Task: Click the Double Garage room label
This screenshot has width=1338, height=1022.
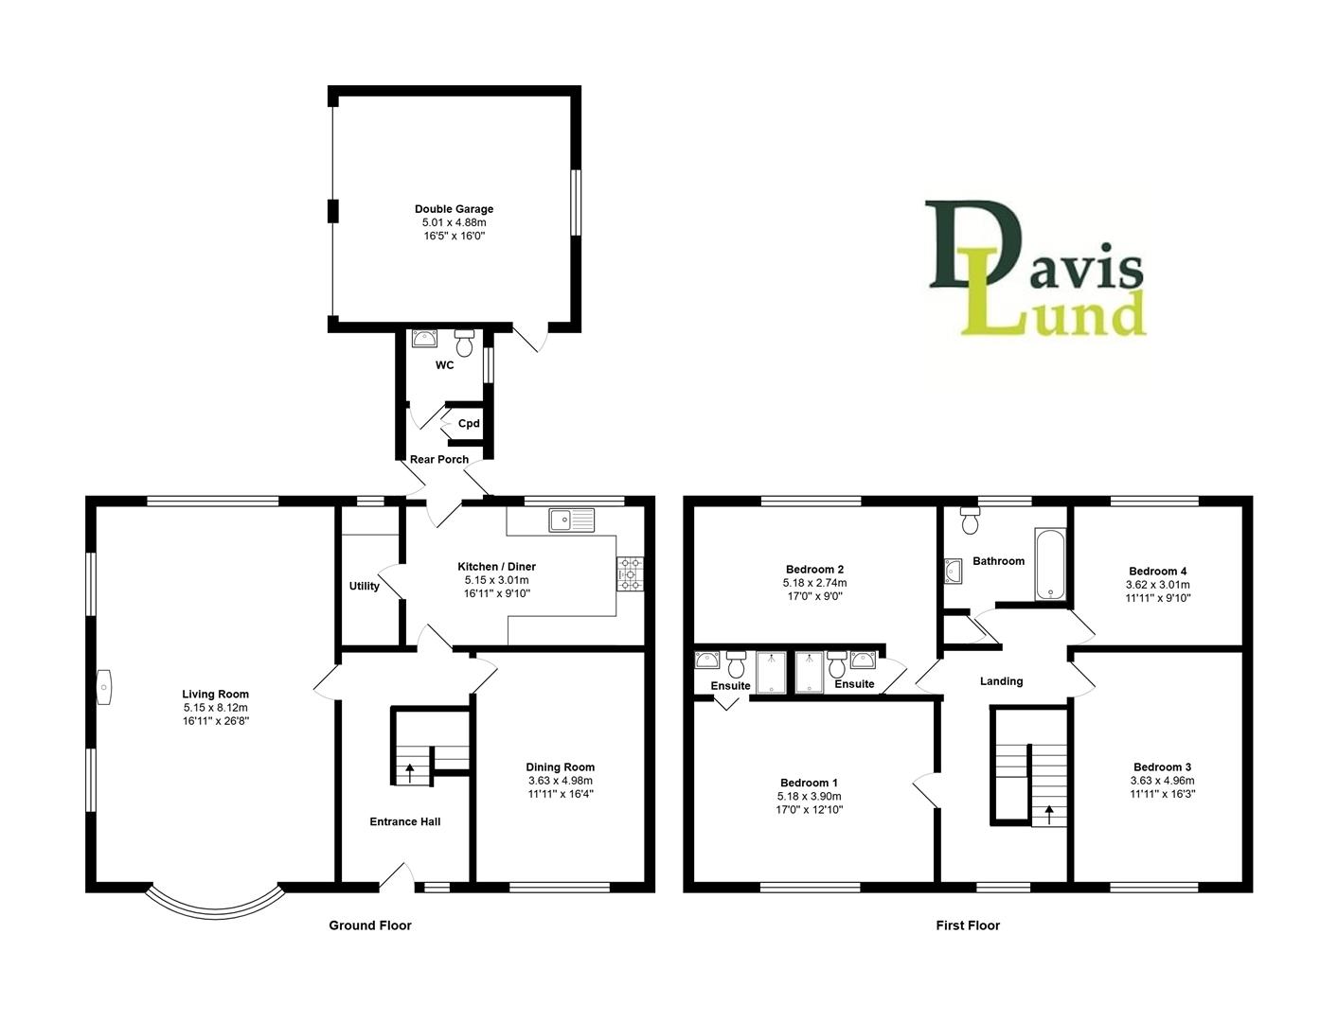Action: click(454, 209)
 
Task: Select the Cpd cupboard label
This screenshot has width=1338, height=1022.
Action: click(469, 423)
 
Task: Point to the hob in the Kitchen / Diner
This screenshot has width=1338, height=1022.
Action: click(629, 573)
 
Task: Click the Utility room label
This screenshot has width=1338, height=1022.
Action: click(364, 586)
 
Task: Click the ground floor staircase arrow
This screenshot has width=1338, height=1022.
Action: click(409, 771)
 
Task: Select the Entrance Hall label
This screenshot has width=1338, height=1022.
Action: click(404, 821)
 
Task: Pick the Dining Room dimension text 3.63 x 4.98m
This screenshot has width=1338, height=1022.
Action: click(560, 781)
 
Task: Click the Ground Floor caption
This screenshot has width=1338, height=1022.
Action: click(369, 925)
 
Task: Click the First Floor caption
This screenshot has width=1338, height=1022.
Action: click(968, 925)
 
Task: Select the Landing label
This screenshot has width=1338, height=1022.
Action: click(1001, 681)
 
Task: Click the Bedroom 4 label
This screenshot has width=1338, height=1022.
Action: click(1157, 571)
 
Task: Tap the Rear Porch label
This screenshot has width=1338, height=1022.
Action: click(438, 460)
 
